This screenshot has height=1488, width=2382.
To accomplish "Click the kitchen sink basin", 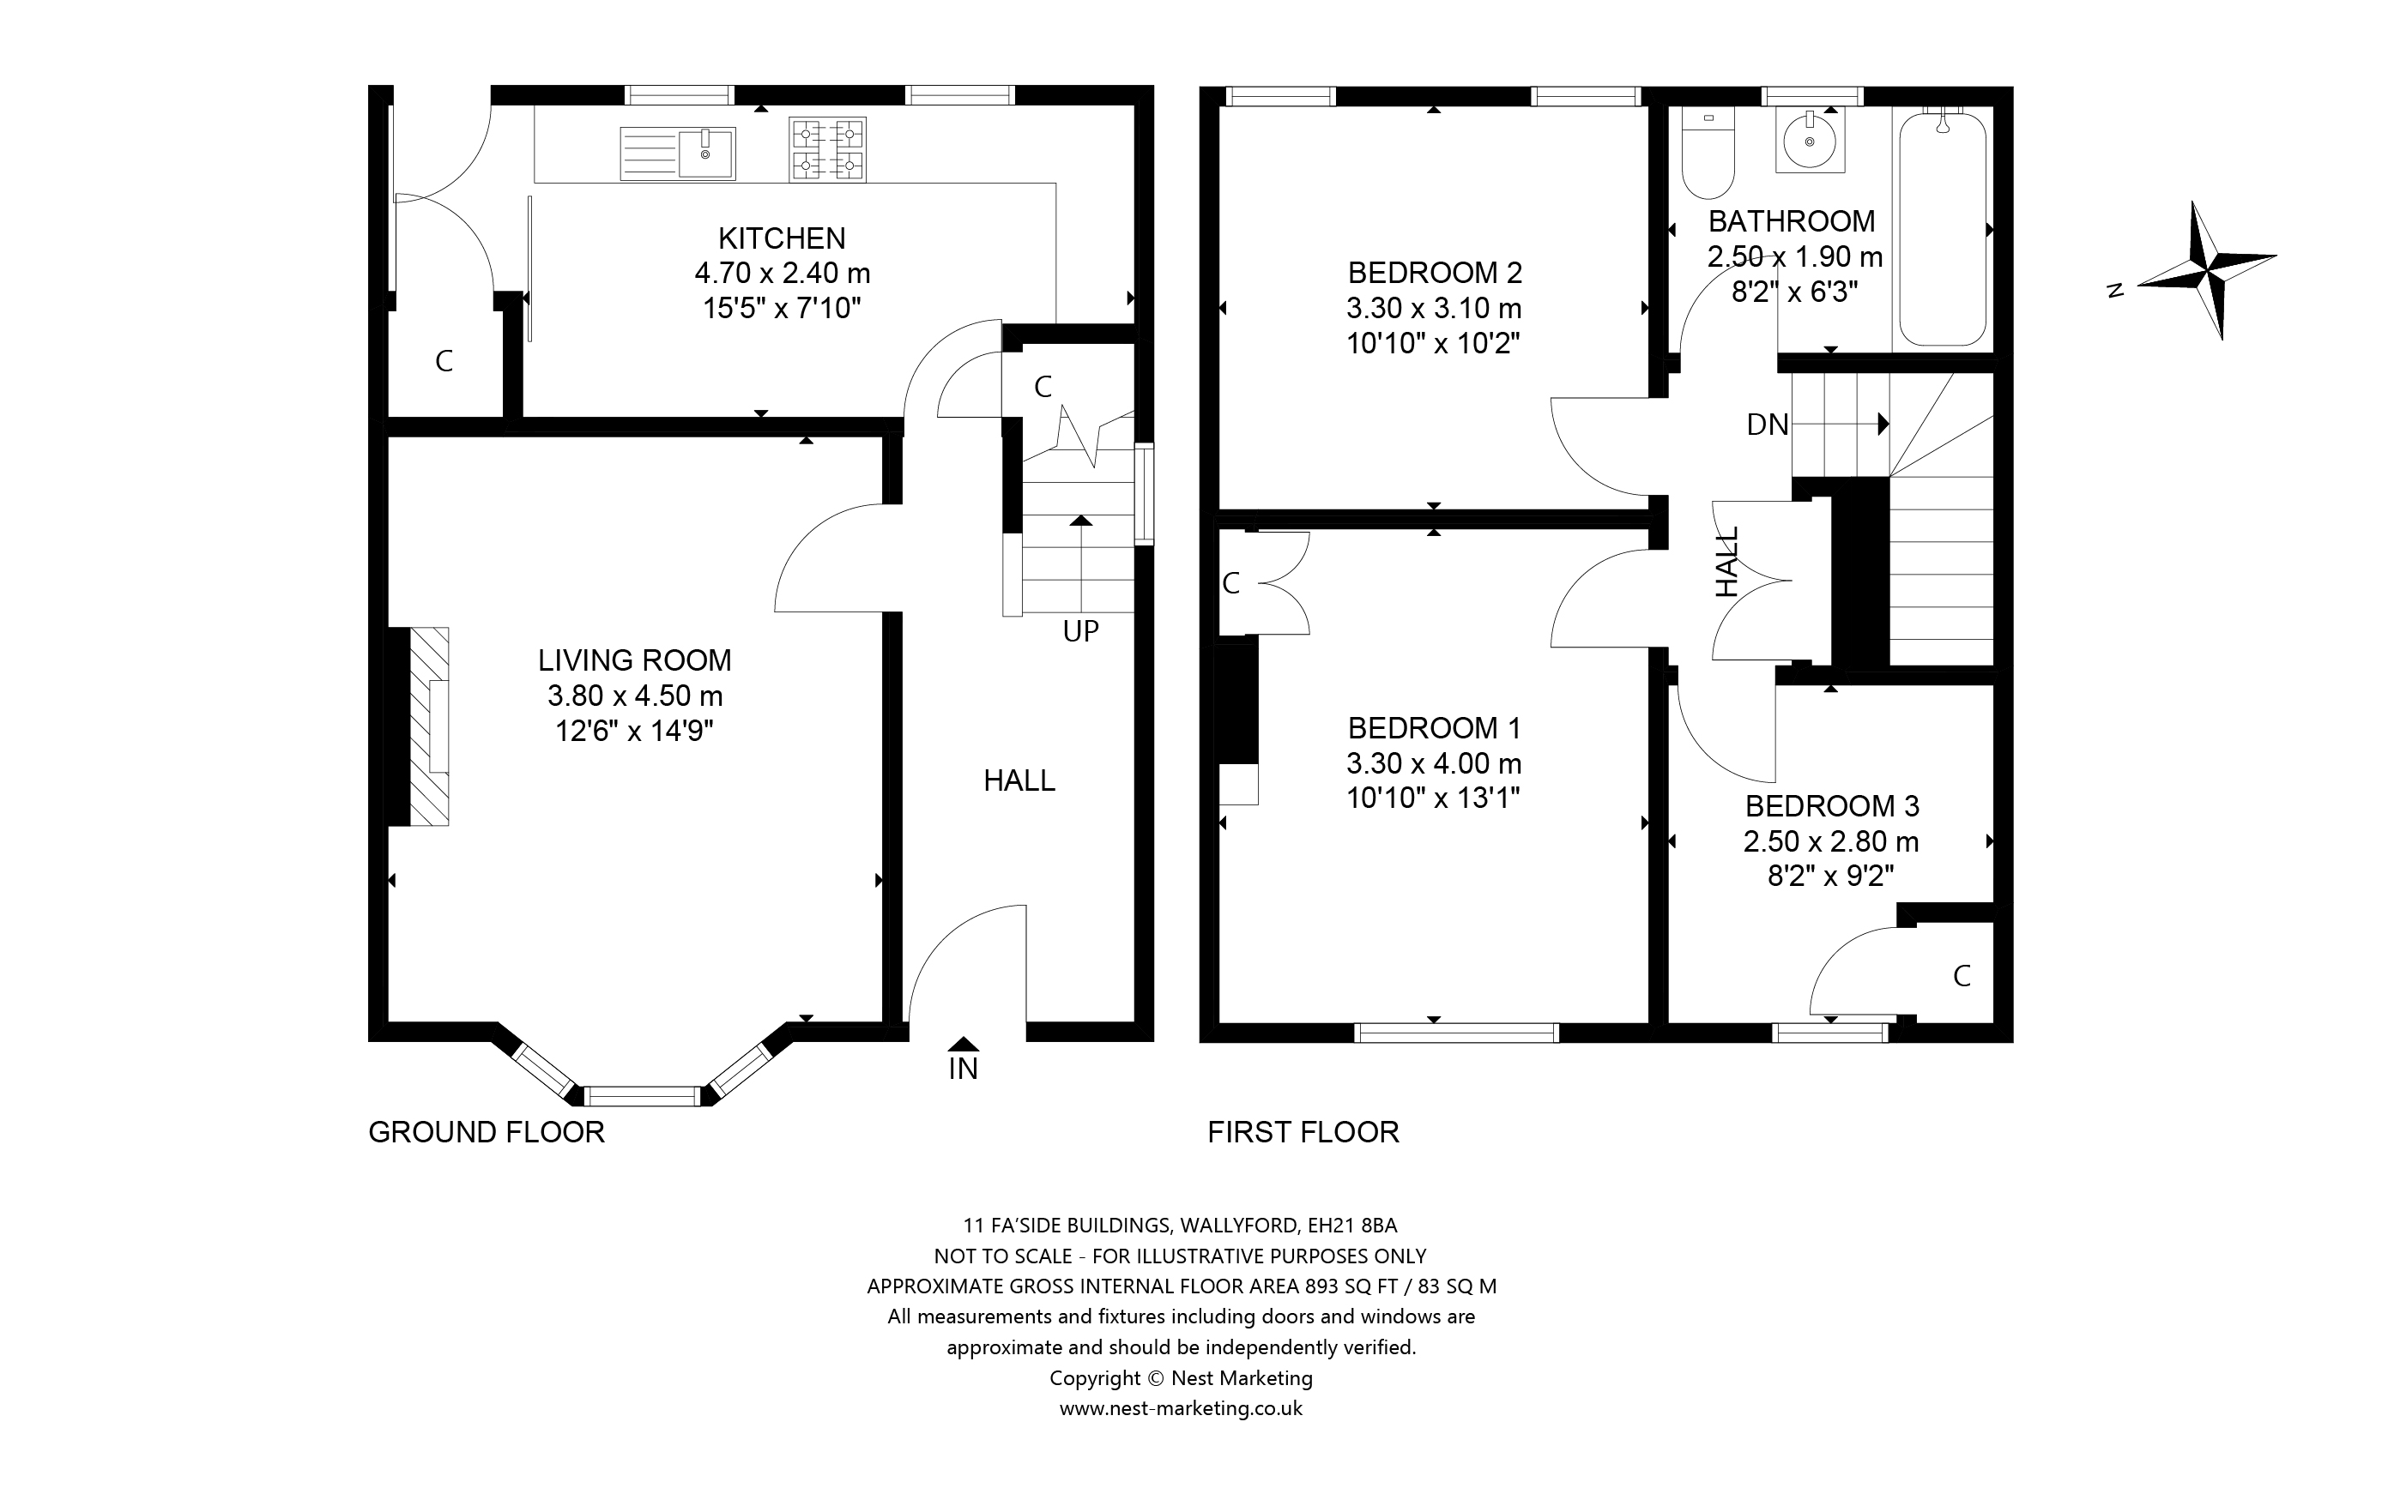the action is coord(705,154).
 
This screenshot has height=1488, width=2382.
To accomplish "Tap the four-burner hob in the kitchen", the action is coord(827,149).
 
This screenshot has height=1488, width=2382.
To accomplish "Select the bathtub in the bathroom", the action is coord(1942,229).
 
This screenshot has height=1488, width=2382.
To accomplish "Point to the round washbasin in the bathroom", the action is coord(1811,142).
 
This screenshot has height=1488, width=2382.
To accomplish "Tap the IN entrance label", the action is coord(964,1069).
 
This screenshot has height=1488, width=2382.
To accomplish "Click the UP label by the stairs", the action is coord(1081,631).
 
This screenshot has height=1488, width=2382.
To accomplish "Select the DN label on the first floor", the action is coord(1768,425).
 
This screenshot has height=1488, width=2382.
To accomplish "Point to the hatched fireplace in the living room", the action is coord(429,726).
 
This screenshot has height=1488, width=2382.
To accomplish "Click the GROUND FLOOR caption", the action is coord(487,1133).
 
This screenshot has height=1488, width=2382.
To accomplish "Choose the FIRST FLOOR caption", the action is coord(1303,1133).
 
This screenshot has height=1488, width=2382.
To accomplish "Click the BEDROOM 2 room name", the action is coord(1435,273).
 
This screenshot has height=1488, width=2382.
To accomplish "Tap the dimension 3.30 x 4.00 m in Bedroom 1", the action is coord(1434,762).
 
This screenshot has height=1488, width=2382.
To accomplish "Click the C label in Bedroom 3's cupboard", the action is coord(1962,976).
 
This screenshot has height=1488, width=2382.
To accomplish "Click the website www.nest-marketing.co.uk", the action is coord(1182,1408).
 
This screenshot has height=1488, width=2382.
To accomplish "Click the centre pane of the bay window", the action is coord(643,1096).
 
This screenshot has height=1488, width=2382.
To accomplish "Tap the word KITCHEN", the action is coord(783,238).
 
